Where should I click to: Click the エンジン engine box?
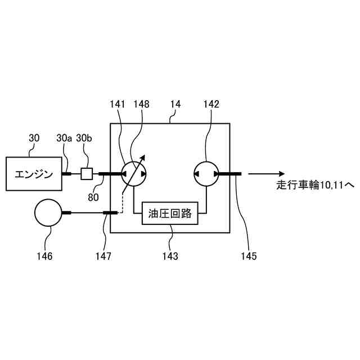click(34, 174)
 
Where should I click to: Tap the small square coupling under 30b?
click(86, 174)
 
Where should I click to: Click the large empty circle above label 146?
click(47, 213)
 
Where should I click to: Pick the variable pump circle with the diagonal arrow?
click(134, 174)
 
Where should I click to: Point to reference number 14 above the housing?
click(175, 105)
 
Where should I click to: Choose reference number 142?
click(211, 105)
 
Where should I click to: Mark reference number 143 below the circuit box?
click(170, 256)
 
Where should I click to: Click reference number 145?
click(247, 256)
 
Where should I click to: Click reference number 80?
click(93, 197)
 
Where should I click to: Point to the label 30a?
click(65, 137)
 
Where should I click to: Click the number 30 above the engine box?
click(34, 137)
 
